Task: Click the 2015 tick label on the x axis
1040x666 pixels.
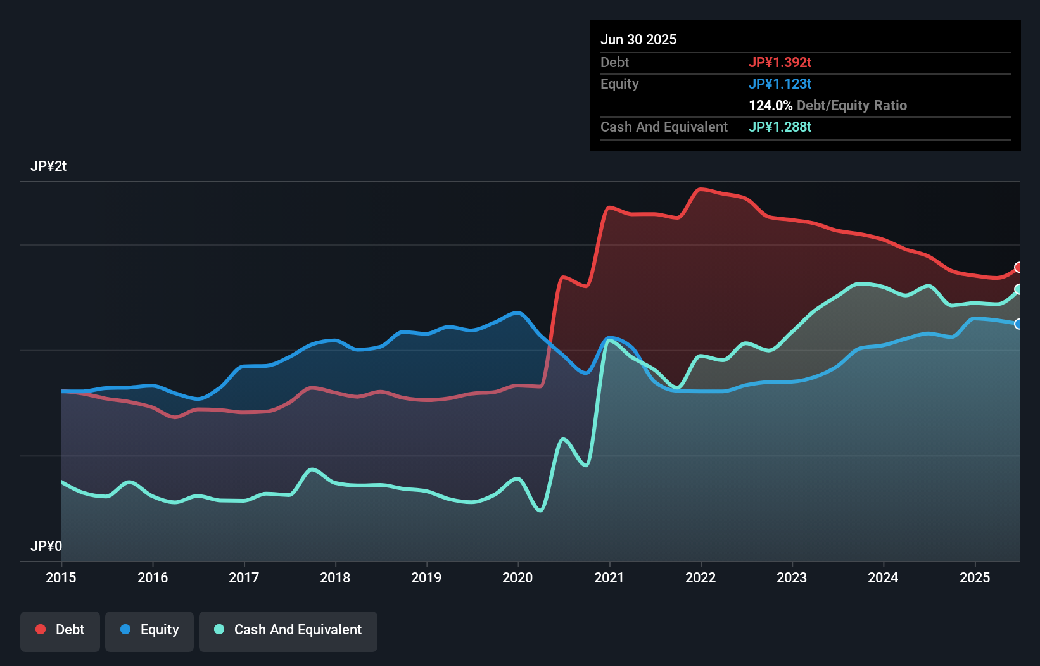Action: coord(61,577)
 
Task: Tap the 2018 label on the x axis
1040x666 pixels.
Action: coord(335,577)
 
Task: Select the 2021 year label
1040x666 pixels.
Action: coord(609,577)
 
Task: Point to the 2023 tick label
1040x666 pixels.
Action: coord(792,577)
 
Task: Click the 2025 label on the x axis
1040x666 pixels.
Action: coord(975,577)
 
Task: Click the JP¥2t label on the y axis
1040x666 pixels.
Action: coord(48,166)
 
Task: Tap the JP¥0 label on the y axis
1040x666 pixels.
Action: coord(46,546)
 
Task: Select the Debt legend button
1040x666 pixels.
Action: coord(60,630)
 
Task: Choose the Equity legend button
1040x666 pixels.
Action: coord(149,630)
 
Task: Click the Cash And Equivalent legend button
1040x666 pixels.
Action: coord(288,630)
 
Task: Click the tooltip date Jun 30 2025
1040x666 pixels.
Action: coord(638,39)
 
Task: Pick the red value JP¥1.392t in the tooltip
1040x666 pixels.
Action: coord(780,62)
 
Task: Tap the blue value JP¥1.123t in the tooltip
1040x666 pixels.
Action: coord(780,84)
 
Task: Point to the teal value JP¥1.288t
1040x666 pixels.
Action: coord(780,127)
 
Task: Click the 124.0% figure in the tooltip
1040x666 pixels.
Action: coord(770,105)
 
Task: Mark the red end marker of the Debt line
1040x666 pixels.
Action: coord(1018,267)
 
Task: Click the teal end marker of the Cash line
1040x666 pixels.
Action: coord(1018,289)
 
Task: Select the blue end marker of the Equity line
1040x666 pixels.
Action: coord(1018,324)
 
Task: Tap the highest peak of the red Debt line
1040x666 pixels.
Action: coord(700,189)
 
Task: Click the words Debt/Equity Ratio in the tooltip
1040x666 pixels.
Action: coord(852,105)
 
